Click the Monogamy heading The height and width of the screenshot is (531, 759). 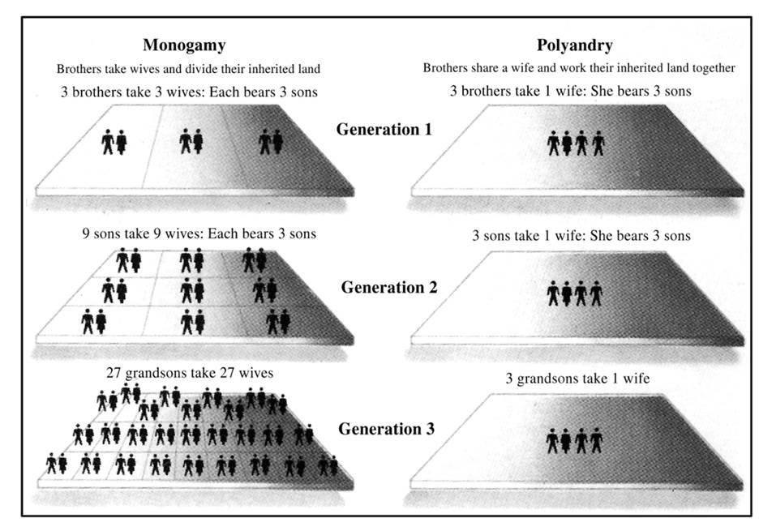point(184,45)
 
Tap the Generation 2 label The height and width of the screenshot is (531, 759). point(388,287)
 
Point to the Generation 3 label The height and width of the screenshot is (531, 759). point(386,428)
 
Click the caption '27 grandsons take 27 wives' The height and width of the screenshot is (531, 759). point(189,373)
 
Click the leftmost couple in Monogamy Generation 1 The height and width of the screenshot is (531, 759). point(114,143)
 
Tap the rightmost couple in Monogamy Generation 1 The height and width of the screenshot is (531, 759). point(270,143)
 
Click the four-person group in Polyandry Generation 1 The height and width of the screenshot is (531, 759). point(576,143)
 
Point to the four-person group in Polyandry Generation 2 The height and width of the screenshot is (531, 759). point(576,293)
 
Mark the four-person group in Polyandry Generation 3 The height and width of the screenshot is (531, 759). point(576,440)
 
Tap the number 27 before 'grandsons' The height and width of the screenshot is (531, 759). point(114,373)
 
